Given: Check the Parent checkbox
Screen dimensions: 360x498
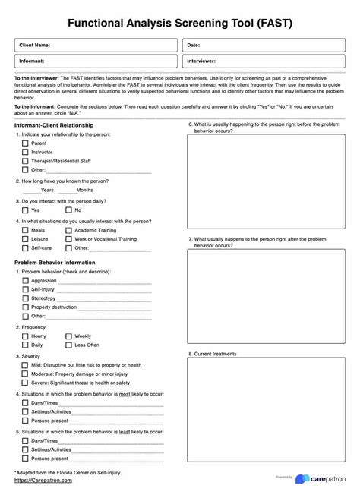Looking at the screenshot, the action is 25,143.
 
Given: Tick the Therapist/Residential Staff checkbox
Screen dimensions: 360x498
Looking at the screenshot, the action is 25,161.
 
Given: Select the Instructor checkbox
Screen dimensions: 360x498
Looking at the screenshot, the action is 25,152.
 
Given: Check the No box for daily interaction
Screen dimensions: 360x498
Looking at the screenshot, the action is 68,210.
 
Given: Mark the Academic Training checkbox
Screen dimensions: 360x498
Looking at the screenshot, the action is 68,229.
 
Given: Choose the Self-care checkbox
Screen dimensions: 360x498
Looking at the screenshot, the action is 25,247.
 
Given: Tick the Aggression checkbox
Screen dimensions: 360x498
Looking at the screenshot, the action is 25,280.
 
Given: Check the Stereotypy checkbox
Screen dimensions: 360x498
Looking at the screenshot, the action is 25,298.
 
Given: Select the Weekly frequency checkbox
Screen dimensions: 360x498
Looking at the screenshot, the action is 68,336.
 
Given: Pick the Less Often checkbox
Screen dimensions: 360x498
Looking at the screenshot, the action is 68,345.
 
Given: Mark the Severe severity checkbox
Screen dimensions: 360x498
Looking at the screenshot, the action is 25,383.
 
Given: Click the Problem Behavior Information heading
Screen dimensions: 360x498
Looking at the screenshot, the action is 55,262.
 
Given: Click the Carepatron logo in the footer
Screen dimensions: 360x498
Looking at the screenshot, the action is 323,479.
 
